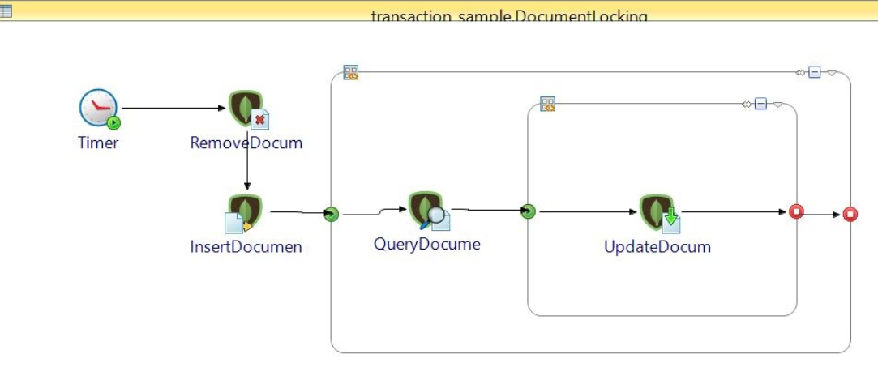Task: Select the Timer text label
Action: pyautogui.click(x=98, y=143)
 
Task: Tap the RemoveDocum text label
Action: pyautogui.click(x=246, y=143)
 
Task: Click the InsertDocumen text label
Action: pyautogui.click(x=246, y=247)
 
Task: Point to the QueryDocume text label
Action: pyautogui.click(x=426, y=244)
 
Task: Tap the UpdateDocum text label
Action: pyautogui.click(x=657, y=247)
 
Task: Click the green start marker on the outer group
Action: pyautogui.click(x=331, y=215)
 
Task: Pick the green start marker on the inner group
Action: pyautogui.click(x=528, y=212)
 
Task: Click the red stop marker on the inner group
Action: pyautogui.click(x=796, y=212)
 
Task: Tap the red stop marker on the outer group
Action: pyautogui.click(x=850, y=215)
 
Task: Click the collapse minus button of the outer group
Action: pyautogui.click(x=815, y=73)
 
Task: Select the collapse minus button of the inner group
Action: pyautogui.click(x=760, y=104)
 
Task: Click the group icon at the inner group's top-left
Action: pyautogui.click(x=548, y=104)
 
